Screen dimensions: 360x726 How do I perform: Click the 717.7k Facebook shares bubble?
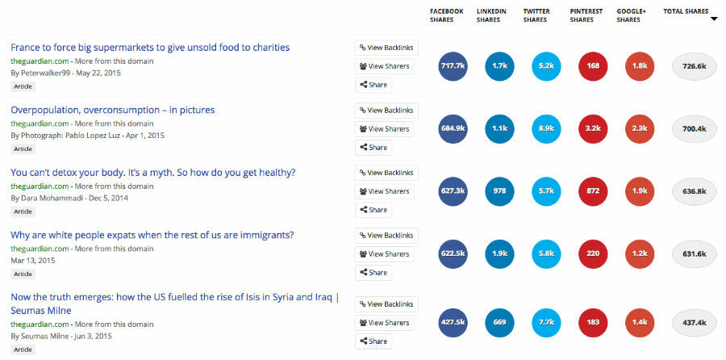(453, 65)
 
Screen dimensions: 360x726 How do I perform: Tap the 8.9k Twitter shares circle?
(547, 128)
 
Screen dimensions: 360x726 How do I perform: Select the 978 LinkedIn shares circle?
(499, 191)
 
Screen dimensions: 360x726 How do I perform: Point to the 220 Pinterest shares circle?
(594, 253)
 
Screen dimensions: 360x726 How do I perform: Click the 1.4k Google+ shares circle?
(640, 322)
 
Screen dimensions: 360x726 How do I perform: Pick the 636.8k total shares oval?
(694, 191)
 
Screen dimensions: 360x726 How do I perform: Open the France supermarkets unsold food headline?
(150, 48)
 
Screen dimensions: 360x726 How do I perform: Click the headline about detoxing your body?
(153, 172)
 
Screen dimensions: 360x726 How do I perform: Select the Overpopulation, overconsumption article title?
(113, 110)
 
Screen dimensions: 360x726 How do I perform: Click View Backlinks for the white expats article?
(386, 236)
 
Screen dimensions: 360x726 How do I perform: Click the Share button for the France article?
(373, 85)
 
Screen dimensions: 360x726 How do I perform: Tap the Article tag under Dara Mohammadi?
(23, 211)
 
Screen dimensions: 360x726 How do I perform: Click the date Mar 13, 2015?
(33, 261)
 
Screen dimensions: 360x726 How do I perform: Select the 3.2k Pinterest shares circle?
(594, 128)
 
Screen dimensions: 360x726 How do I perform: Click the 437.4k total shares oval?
(694, 322)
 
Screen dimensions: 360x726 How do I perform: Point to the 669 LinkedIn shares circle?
(499, 322)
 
